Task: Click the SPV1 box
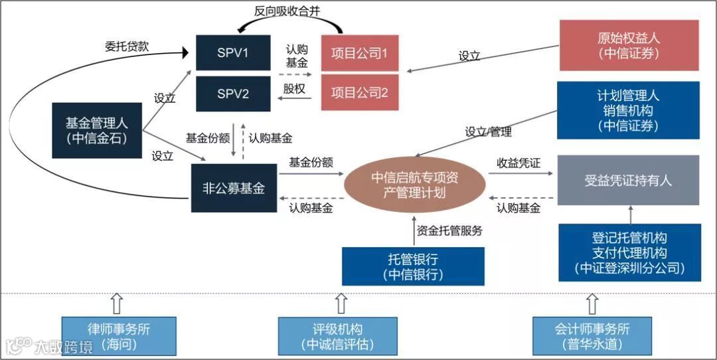point(233,52)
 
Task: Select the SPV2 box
point(233,94)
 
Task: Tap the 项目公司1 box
point(359,53)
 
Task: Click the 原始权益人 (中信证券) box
point(629,45)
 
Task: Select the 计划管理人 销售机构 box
point(629,110)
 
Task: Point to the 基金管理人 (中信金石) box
point(97,130)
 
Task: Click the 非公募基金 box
point(234,188)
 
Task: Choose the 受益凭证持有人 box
point(628,180)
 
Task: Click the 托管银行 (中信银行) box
point(413,266)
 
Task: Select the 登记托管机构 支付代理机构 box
point(629,253)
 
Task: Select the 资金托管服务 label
point(449,231)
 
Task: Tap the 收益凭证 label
point(518,162)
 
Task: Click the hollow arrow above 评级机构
point(341,304)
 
